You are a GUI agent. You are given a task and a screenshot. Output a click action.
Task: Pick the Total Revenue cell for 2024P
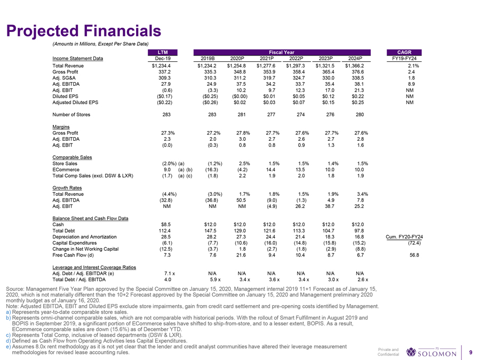(x=355, y=66)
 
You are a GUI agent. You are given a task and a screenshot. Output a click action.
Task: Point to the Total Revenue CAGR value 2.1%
(x=414, y=66)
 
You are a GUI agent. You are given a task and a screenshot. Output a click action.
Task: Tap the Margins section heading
(x=61, y=127)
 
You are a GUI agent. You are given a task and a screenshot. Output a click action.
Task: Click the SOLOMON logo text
(x=437, y=353)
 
